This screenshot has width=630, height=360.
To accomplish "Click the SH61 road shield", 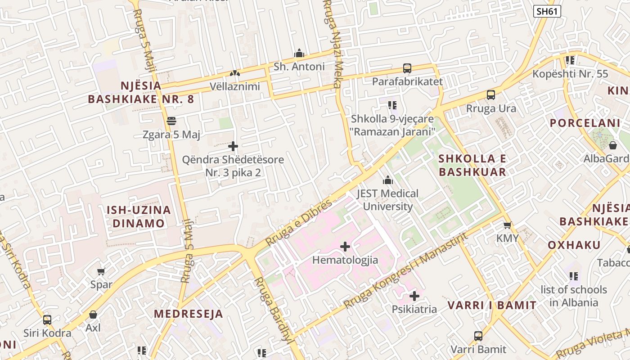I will tap(547, 11).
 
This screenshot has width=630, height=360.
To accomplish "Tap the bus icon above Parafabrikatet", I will tap(407, 68).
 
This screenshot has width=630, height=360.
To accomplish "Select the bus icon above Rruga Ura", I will tap(491, 95).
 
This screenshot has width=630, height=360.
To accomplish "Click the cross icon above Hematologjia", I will tap(345, 247).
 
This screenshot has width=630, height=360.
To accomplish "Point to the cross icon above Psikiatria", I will tap(414, 296).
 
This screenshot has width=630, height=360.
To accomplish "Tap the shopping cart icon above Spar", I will tap(101, 271).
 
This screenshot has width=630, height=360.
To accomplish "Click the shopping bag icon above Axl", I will tap(93, 315).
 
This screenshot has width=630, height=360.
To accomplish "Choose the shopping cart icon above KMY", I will tap(508, 225).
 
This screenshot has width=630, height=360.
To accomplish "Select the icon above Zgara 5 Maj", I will tap(171, 121).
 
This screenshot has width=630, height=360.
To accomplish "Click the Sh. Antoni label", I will tap(299, 67).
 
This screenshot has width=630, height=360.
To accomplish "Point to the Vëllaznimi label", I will tap(235, 86).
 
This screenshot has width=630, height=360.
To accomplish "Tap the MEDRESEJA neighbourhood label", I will tap(189, 314).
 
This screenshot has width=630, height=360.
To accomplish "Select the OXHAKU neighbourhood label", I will tap(574, 245).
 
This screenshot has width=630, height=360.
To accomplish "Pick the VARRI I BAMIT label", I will tap(492, 306).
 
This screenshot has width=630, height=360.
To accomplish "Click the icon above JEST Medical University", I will tap(388, 180).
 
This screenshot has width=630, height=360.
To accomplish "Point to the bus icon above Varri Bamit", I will tap(478, 336).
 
